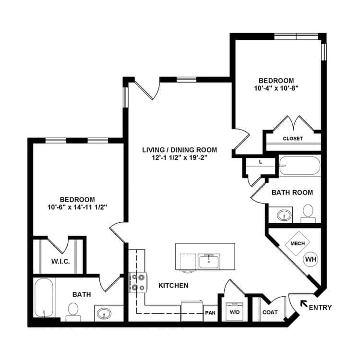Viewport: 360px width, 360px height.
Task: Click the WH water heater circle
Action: click(311, 259)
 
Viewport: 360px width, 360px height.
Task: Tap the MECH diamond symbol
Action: click(297, 243)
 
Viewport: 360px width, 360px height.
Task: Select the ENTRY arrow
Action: click(304, 304)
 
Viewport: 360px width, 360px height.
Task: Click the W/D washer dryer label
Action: click(235, 312)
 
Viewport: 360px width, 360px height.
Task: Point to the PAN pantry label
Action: click(210, 312)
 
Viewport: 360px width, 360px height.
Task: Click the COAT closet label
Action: click(270, 312)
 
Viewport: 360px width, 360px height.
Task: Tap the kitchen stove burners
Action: click(138, 282)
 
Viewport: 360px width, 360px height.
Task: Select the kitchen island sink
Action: click(209, 261)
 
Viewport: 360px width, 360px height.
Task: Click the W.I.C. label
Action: click(60, 262)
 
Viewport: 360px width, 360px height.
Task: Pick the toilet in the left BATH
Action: click(73, 312)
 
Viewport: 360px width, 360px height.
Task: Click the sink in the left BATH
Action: click(104, 313)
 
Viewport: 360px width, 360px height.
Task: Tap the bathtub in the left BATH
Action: click(44, 298)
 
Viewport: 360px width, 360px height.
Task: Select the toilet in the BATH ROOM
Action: click(308, 214)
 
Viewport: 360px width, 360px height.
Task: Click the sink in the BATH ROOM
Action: click(284, 216)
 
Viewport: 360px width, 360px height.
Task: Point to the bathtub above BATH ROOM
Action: click(300, 166)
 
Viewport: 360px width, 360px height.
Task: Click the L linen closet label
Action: click(261, 162)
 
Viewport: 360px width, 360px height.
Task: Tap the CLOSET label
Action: click(293, 139)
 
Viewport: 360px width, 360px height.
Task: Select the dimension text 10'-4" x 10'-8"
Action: click(276, 88)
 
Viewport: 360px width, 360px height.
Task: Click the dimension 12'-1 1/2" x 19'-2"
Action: click(180, 158)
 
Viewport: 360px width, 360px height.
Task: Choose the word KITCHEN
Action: click(174, 286)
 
